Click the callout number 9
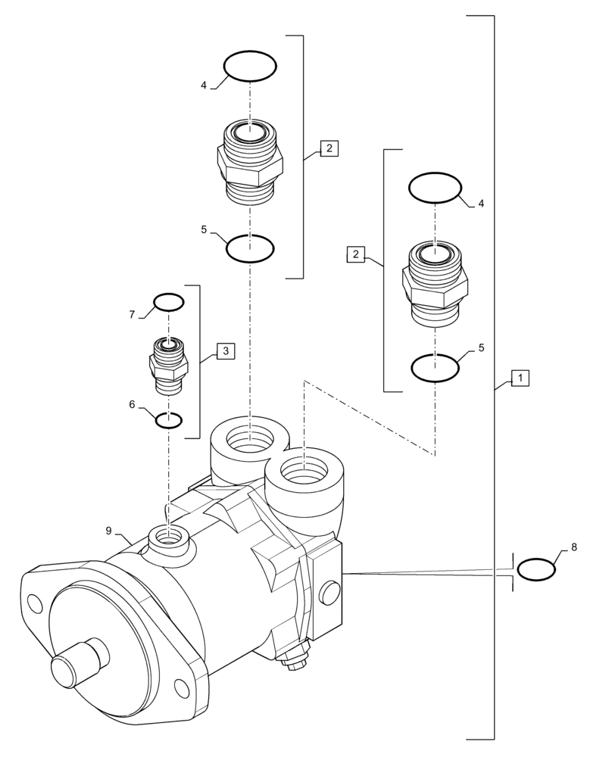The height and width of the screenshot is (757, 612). tap(108, 531)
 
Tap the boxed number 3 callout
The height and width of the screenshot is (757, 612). tap(225, 350)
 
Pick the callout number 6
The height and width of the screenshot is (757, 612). tap(132, 404)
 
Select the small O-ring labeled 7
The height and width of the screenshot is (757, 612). tap(169, 303)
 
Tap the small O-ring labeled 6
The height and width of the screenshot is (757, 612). tap(168, 420)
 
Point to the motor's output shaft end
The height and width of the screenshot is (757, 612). tap(67, 672)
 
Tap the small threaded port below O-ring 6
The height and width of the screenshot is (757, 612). tap(168, 537)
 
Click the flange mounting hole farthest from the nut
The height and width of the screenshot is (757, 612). tap(34, 603)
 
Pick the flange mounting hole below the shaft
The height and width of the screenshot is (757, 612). tap(181, 687)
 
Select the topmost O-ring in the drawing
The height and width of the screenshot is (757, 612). tap(249, 66)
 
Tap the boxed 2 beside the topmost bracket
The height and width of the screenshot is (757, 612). tap(329, 148)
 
